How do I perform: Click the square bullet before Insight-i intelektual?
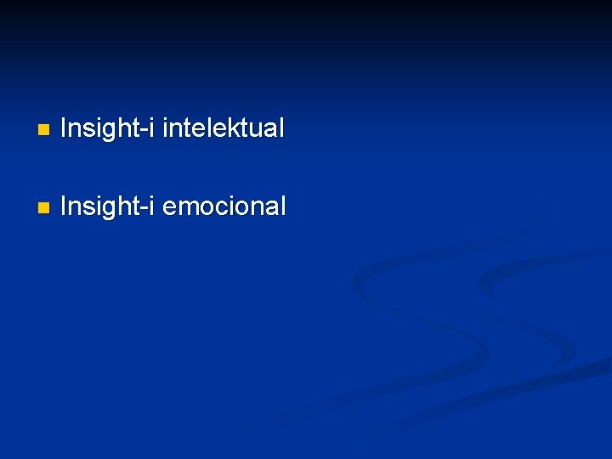pyautogui.click(x=43, y=131)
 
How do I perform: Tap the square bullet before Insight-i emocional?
pyautogui.click(x=43, y=207)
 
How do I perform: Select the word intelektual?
pyautogui.click(x=223, y=128)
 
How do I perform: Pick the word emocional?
pyautogui.click(x=224, y=205)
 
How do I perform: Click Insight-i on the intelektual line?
pyautogui.click(x=108, y=128)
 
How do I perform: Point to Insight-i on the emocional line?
pyautogui.click(x=108, y=205)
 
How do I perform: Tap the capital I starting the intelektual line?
pyautogui.click(x=65, y=128)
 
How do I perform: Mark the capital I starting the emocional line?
pyautogui.click(x=65, y=205)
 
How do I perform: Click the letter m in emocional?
pyautogui.click(x=186, y=207)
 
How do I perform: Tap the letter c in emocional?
pyautogui.click(x=220, y=207)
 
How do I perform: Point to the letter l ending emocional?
pyautogui.click(x=282, y=205)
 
